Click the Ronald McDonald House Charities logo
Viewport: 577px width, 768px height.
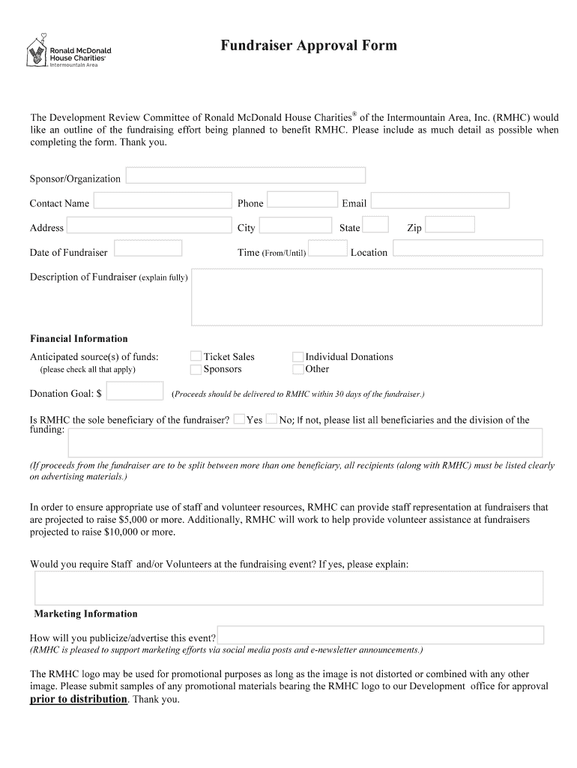click(67, 52)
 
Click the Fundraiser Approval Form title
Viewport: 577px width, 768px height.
click(309, 46)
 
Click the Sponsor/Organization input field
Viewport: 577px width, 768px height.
click(246, 175)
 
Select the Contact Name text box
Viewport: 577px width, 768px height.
click(163, 200)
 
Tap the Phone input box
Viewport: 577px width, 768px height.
click(302, 199)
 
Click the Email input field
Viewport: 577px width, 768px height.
click(440, 200)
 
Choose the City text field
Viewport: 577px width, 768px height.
click(295, 225)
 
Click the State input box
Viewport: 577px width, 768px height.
click(375, 224)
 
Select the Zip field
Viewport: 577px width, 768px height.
click(450, 224)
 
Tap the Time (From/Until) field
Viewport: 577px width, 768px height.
click(327, 248)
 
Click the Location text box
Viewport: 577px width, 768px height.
click(468, 248)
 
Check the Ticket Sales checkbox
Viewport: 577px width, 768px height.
click(196, 357)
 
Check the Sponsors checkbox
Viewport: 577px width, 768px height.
click(196, 369)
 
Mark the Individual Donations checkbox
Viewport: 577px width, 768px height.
click(298, 357)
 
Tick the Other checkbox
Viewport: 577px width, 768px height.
click(298, 369)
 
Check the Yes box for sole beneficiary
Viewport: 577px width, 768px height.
click(239, 419)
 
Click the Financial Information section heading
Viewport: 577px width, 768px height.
click(79, 338)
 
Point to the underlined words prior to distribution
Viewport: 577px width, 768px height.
click(79, 699)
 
